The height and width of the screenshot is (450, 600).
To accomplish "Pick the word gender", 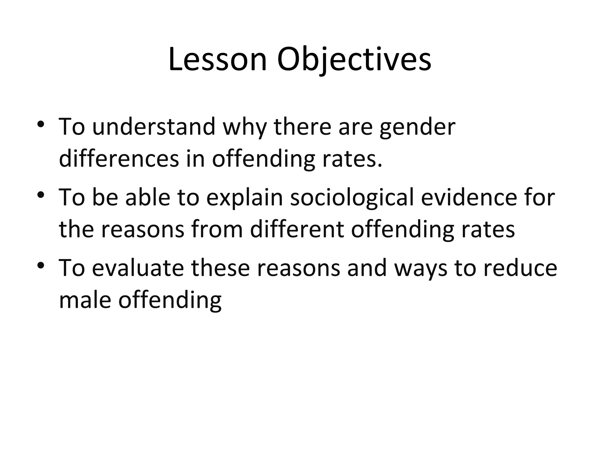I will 417,127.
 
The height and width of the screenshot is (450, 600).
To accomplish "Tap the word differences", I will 119,159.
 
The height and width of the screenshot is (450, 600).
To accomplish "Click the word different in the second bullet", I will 297,229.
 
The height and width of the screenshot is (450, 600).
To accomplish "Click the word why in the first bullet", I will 245,127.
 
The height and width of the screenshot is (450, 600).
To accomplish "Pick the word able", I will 148,197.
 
